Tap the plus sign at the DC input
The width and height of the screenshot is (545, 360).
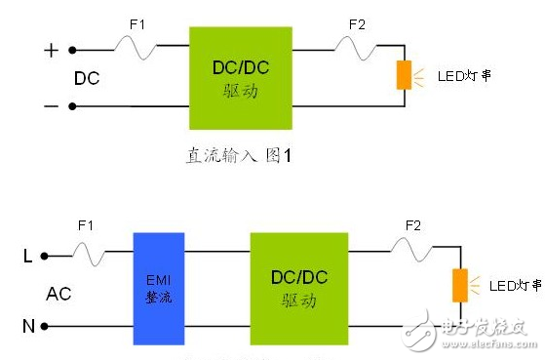click(x=52, y=49)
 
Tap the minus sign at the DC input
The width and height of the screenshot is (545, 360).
click(x=52, y=106)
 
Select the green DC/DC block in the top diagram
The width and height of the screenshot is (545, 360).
click(x=239, y=77)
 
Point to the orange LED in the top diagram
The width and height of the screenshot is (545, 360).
click(x=403, y=75)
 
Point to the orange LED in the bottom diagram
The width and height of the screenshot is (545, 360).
click(x=458, y=285)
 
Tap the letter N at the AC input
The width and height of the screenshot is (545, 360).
click(x=28, y=326)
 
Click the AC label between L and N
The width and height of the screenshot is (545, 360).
click(x=58, y=293)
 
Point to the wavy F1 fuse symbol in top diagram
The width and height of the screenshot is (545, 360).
click(x=136, y=45)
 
